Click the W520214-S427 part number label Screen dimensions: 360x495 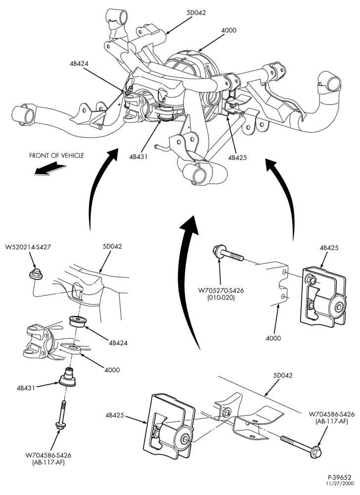click(x=28, y=247)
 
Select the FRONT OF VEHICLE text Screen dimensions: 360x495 click(x=57, y=155)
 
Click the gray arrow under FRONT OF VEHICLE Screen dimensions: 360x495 click(x=50, y=169)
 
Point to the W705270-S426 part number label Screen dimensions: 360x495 click(x=221, y=291)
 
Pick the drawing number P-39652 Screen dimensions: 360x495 click(x=339, y=477)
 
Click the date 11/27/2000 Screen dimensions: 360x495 click(x=340, y=483)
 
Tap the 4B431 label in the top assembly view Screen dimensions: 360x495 click(x=138, y=156)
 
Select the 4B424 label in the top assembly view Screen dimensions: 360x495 click(x=79, y=63)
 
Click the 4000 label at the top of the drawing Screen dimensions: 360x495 click(x=228, y=30)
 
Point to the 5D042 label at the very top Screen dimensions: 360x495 click(x=196, y=13)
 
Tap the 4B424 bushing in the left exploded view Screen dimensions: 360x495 click(x=78, y=322)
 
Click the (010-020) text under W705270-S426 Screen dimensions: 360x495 click(x=221, y=297)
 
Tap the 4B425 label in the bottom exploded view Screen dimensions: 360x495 click(x=115, y=415)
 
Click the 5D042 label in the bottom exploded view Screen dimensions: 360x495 click(x=283, y=375)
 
